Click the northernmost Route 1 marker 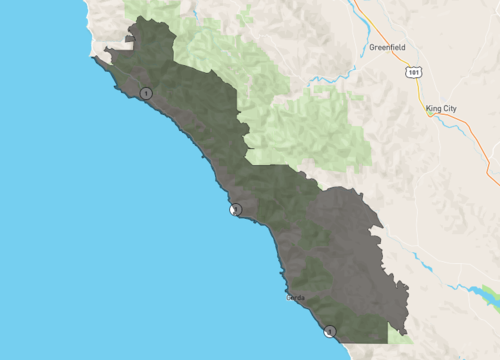(146, 93)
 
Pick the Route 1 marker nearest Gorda (330, 330)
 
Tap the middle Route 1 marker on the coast (235, 209)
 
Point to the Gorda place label (295, 297)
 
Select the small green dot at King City (431, 114)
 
